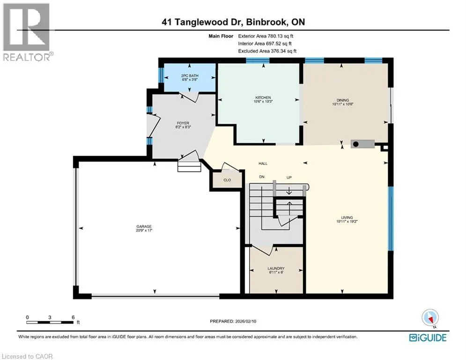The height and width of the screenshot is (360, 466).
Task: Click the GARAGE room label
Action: pyautogui.click(x=144, y=226)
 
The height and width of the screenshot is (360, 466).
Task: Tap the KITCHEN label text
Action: pyautogui.click(x=263, y=97)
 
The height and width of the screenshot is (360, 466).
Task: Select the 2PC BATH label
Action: pyautogui.click(x=190, y=76)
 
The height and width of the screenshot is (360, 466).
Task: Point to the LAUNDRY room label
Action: pyautogui.click(x=276, y=269)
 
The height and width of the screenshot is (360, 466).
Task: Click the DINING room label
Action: pyautogui.click(x=343, y=100)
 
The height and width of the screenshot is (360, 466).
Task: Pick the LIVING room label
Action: pyautogui.click(x=347, y=217)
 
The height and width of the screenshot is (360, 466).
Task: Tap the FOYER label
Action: pyautogui.click(x=183, y=123)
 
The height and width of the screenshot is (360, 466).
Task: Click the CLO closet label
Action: pyautogui.click(x=227, y=180)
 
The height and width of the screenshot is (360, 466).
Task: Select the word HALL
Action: pyautogui.click(x=263, y=163)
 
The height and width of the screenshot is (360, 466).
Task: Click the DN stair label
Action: pyautogui.click(x=261, y=177)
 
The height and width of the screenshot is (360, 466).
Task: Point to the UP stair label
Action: pyautogui.click(x=289, y=177)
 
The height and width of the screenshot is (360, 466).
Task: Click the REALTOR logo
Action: pyautogui.click(x=28, y=32)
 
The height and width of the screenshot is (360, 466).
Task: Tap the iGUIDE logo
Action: pyautogui.click(x=428, y=337)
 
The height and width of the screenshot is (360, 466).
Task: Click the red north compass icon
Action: pyautogui.click(x=430, y=318)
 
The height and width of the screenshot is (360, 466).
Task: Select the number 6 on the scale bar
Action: pyautogui.click(x=73, y=317)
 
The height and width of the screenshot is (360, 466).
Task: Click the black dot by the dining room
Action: pyautogui.click(x=355, y=144)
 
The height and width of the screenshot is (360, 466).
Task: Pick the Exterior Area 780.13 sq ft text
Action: pyautogui.click(x=266, y=36)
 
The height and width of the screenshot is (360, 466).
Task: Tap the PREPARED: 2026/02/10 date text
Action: pyautogui.click(x=233, y=321)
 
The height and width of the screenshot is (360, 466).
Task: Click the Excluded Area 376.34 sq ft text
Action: pyautogui.click(x=267, y=51)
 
